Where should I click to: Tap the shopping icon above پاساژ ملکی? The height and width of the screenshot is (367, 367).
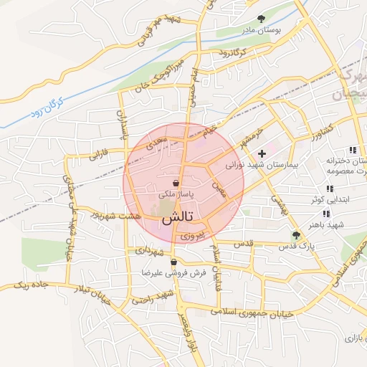176,183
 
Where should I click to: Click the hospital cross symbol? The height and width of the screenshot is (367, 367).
262,153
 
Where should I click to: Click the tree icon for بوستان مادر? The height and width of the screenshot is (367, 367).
260,19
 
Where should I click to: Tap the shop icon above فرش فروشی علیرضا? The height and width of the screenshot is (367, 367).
173,262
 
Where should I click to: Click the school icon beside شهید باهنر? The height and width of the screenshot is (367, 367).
326,214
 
